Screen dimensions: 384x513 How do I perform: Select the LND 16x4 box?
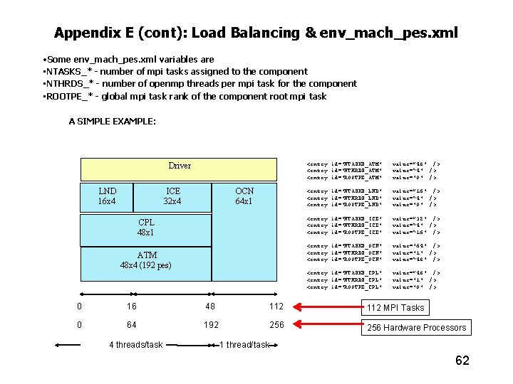(107, 196)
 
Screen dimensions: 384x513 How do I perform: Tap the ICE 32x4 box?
(173, 196)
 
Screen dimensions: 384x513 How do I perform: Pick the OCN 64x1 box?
(244, 196)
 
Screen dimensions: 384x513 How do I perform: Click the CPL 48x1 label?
(146, 228)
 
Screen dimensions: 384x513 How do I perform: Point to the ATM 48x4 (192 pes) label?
(146, 260)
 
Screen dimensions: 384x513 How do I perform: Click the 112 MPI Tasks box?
(395, 308)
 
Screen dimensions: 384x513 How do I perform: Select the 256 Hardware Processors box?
(416, 328)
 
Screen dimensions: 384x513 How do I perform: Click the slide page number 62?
(462, 361)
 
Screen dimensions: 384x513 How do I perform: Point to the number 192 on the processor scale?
(211, 325)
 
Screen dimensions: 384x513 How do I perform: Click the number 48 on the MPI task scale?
(211, 306)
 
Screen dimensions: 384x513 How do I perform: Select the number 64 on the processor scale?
(131, 325)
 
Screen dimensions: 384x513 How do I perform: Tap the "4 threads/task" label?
(135, 345)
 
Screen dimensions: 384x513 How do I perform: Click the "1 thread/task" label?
(244, 345)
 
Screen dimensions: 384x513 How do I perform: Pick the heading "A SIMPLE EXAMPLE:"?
(113, 122)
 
